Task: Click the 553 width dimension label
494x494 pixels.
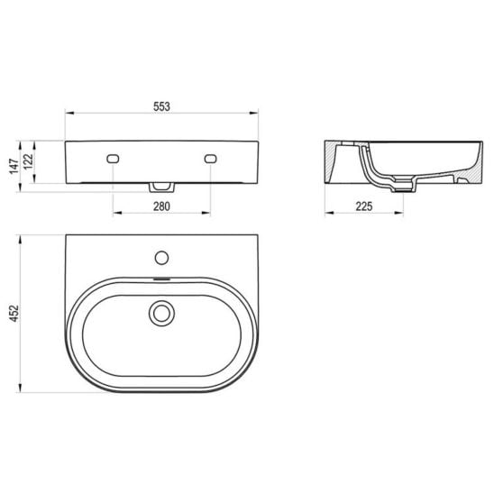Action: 161,106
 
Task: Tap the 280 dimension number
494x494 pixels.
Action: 161,206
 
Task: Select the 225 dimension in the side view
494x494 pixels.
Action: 364,206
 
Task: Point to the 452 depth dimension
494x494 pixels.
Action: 14,314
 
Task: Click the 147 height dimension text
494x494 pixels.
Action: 14,166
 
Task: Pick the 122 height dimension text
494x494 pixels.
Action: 28,161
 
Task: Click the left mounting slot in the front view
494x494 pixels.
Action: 113,159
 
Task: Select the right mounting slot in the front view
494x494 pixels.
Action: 210,159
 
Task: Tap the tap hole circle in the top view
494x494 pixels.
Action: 161,258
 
